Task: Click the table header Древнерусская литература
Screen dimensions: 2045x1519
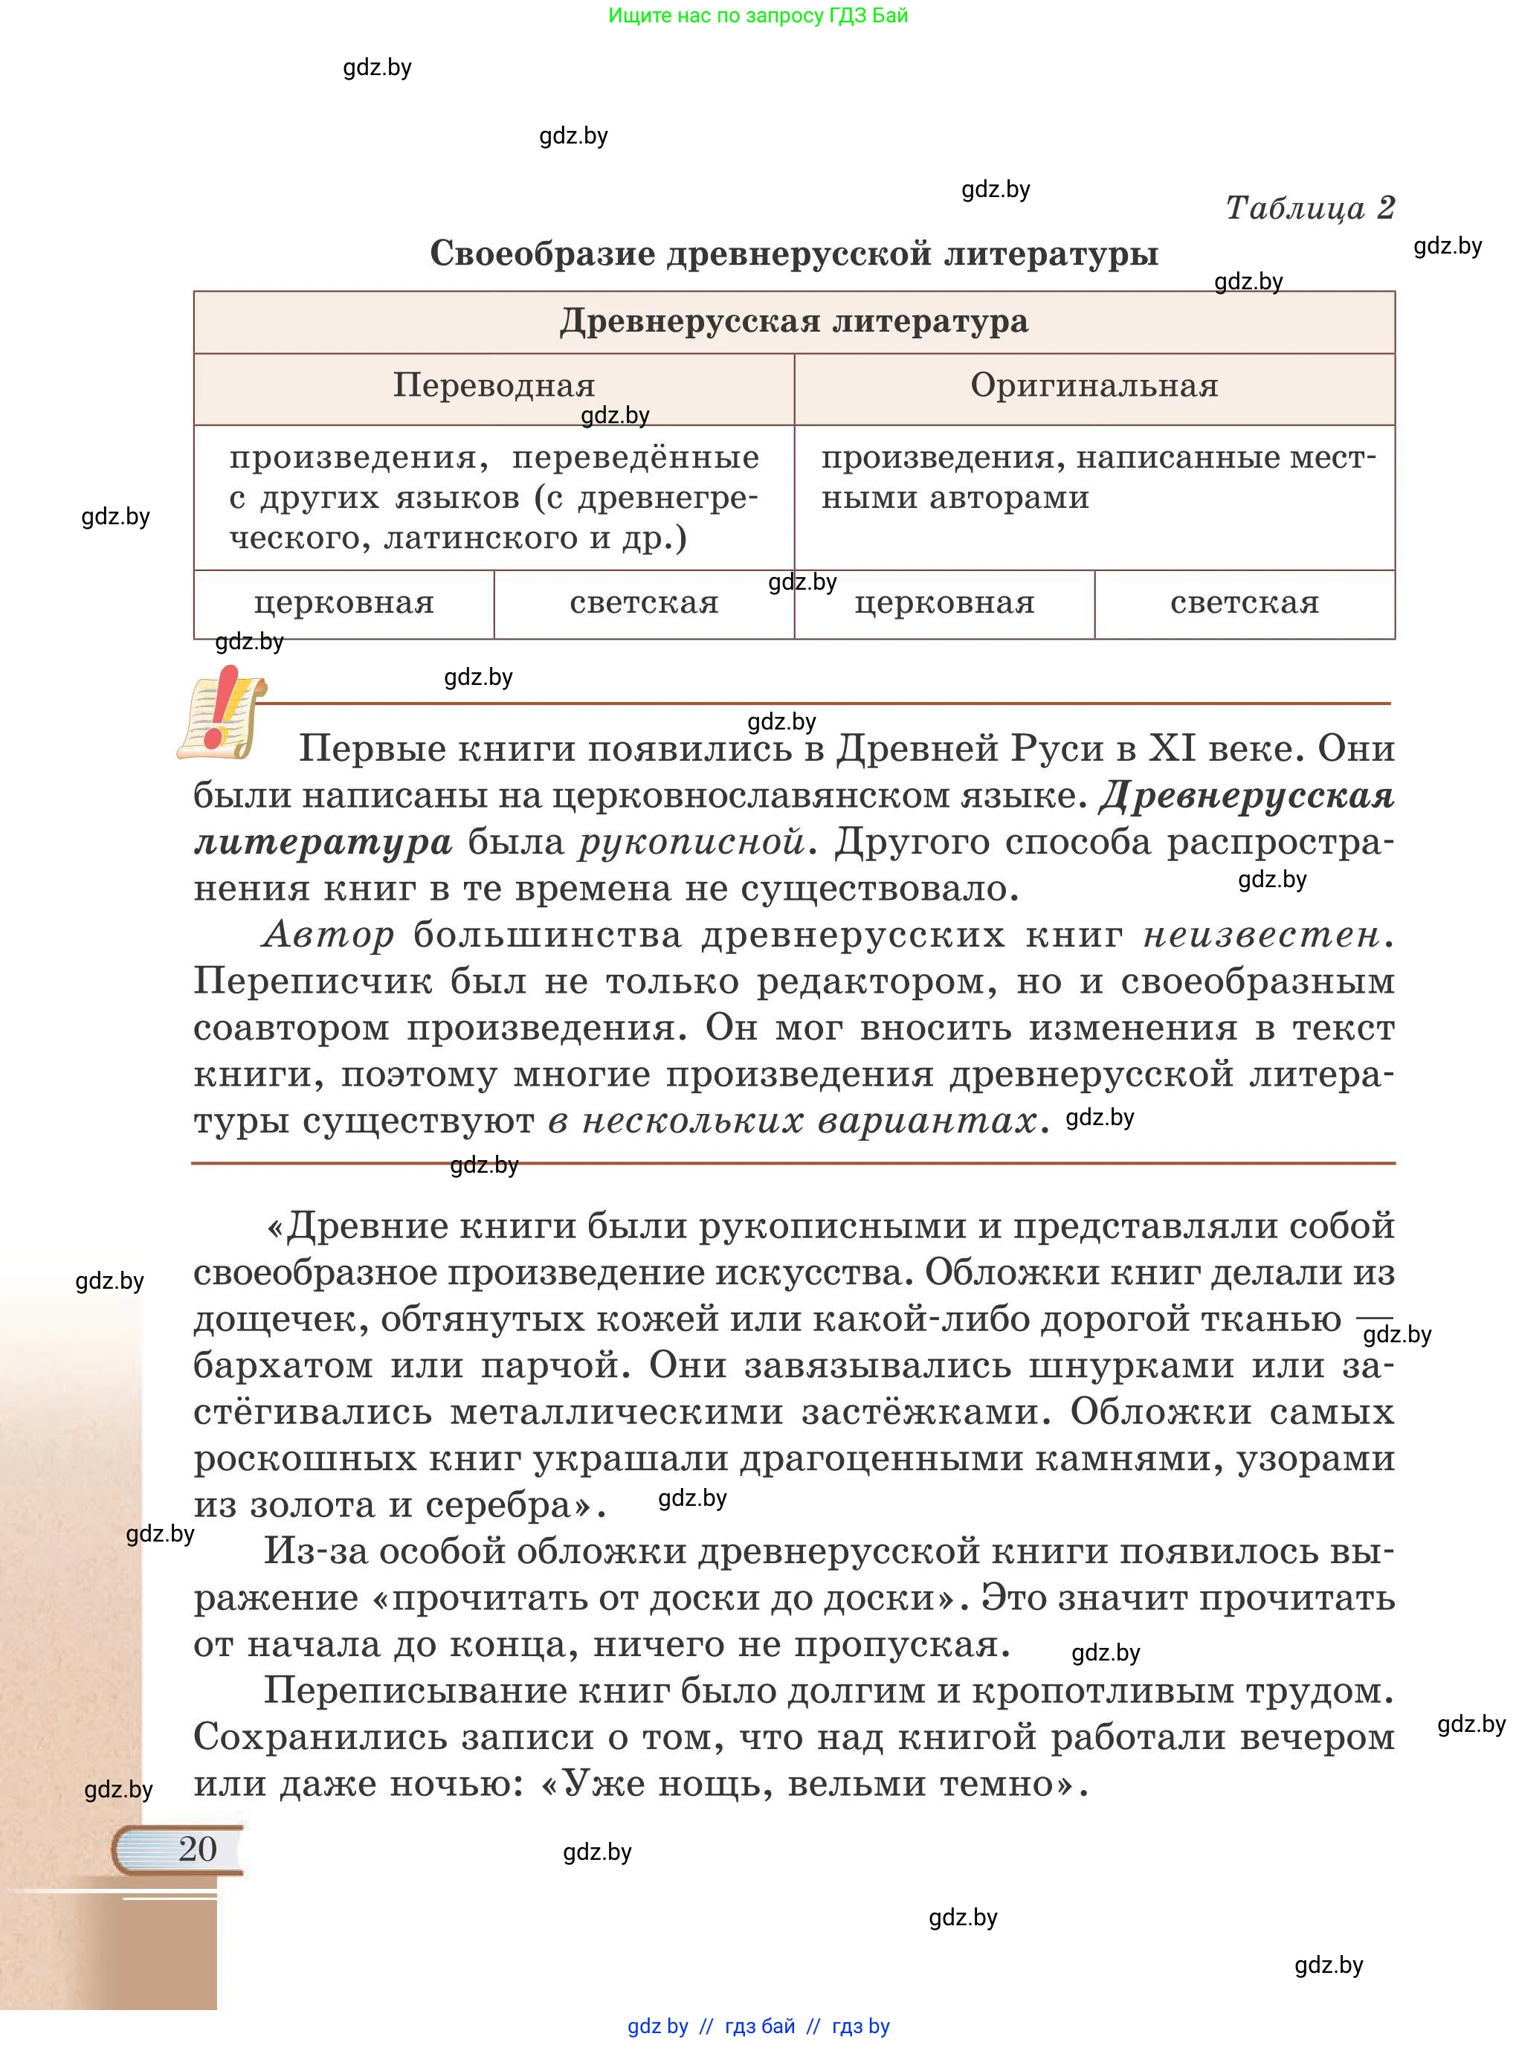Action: pyautogui.click(x=793, y=322)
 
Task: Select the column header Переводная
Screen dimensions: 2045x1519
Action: pyautogui.click(x=494, y=385)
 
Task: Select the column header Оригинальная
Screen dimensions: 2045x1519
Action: pyautogui.click(x=1094, y=385)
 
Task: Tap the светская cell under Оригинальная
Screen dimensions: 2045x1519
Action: pyautogui.click(x=1244, y=603)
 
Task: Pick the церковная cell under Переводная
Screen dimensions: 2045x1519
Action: pyautogui.click(x=344, y=603)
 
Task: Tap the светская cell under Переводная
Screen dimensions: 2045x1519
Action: pyautogui.click(x=644, y=603)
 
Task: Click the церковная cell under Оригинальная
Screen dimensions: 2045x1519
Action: pyautogui.click(x=944, y=603)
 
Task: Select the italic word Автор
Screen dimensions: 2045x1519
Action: pyautogui.click(x=328, y=935)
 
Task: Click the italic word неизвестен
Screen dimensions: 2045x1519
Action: pyautogui.click(x=1262, y=935)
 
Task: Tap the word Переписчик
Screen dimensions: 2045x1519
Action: pyautogui.click(x=312, y=982)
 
